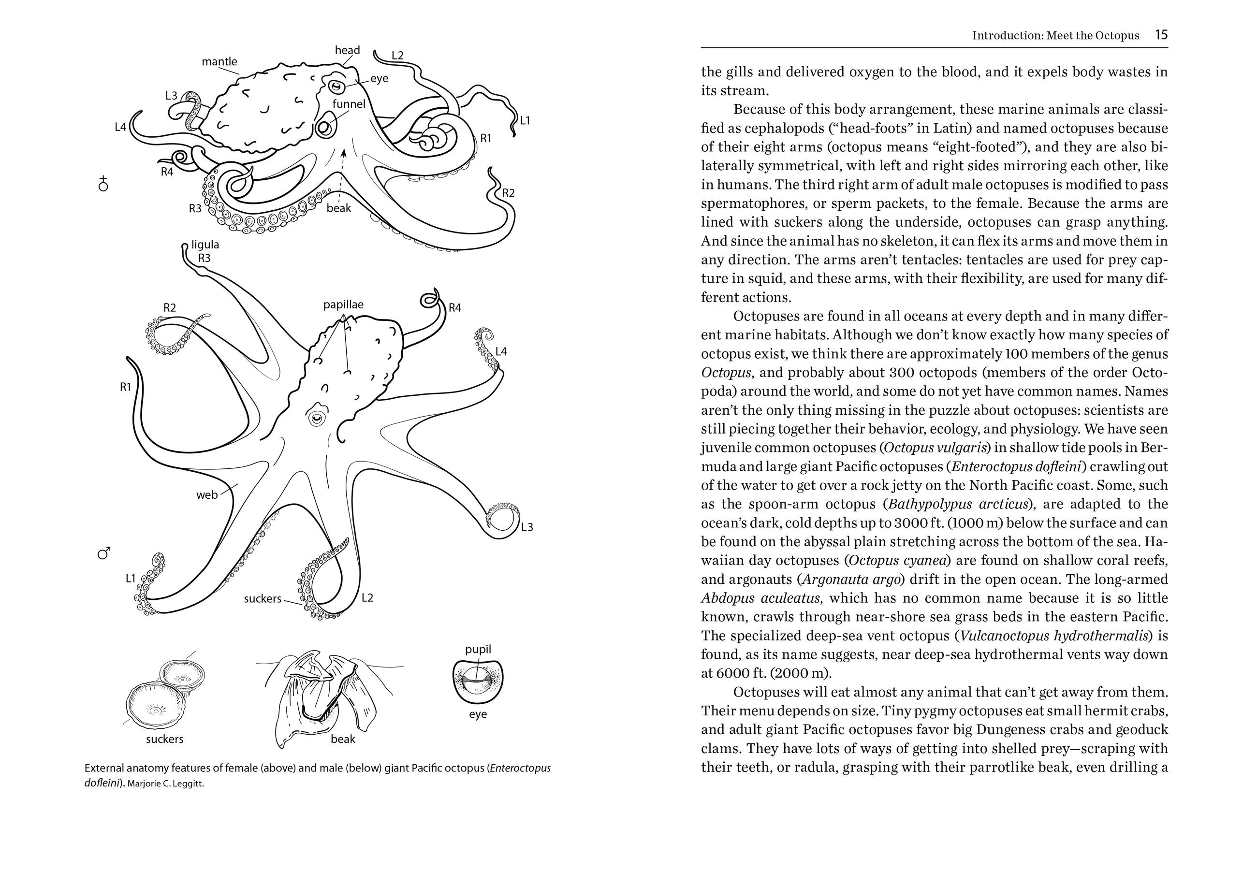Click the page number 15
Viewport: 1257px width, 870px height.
(x=1161, y=35)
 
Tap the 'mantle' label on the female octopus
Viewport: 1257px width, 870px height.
(x=219, y=61)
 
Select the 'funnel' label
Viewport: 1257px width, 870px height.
(x=349, y=103)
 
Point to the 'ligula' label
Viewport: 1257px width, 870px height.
(x=205, y=245)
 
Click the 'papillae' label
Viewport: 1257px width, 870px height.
(x=343, y=304)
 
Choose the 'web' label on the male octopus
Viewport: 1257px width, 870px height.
(x=207, y=495)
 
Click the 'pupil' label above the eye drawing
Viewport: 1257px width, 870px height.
(x=478, y=649)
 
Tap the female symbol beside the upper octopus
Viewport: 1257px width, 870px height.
(x=103, y=184)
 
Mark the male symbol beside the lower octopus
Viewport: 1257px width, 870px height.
(x=103, y=554)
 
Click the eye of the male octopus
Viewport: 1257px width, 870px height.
(x=317, y=418)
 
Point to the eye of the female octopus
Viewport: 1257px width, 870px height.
(x=335, y=86)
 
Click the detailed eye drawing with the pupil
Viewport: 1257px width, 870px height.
(x=478, y=681)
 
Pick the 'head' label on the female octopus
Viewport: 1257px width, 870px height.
(x=347, y=50)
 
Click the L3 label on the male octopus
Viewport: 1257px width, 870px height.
(x=526, y=527)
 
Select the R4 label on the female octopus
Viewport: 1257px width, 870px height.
(x=167, y=172)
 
